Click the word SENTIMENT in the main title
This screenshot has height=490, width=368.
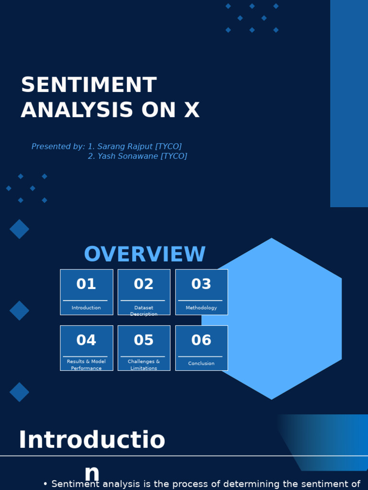click(x=89, y=86)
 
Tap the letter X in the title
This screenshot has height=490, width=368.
click(x=191, y=111)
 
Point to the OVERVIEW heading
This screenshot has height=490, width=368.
click(x=145, y=255)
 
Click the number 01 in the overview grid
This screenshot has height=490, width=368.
click(x=86, y=284)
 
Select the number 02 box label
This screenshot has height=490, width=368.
click(x=144, y=284)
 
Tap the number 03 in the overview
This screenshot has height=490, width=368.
click(x=201, y=284)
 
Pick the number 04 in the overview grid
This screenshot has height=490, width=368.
click(x=86, y=340)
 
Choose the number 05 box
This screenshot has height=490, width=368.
click(x=144, y=340)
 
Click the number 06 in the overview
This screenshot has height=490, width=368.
click(x=201, y=340)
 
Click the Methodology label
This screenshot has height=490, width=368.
click(x=201, y=308)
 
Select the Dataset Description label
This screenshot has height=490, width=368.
click(x=144, y=311)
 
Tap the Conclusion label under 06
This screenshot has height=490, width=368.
click(x=201, y=364)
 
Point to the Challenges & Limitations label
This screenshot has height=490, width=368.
click(x=144, y=365)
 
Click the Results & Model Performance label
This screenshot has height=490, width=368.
click(x=86, y=365)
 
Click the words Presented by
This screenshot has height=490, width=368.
click(x=58, y=147)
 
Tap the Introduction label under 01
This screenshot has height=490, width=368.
click(x=86, y=308)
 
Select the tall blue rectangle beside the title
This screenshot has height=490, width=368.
click(x=349, y=103)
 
